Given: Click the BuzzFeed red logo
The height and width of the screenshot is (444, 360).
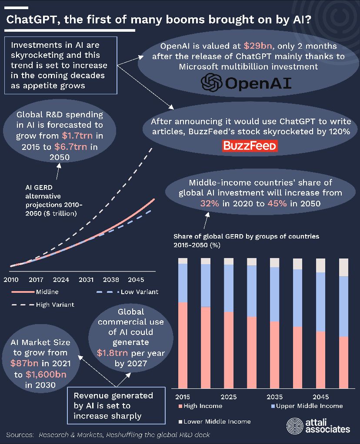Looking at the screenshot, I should [x=250, y=146].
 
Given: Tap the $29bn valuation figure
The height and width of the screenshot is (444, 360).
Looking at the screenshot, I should [x=256, y=46].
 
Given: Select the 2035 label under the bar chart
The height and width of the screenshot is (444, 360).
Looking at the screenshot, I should [x=275, y=397].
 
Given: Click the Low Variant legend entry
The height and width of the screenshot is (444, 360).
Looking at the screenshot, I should [x=139, y=292].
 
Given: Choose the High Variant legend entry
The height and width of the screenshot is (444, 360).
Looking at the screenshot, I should [x=54, y=305].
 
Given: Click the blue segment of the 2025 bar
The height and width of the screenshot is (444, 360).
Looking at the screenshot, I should [x=229, y=288].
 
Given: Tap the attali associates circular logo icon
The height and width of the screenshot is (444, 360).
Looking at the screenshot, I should [x=294, y=426].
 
